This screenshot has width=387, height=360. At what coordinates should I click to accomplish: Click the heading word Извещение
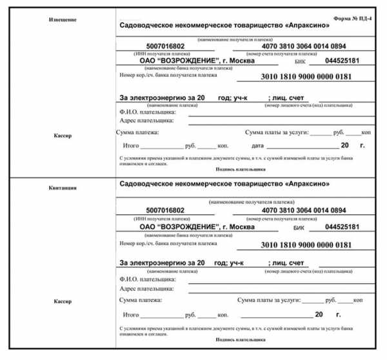(x=63, y=19)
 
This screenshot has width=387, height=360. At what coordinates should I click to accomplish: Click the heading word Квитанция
(x=63, y=188)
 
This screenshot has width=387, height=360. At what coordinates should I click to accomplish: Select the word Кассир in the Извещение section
(x=63, y=136)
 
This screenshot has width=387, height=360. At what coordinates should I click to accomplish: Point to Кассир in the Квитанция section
(x=63, y=302)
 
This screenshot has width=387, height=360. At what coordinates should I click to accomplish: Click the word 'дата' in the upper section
(x=258, y=146)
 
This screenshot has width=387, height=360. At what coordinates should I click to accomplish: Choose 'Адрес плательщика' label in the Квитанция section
(x=148, y=290)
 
